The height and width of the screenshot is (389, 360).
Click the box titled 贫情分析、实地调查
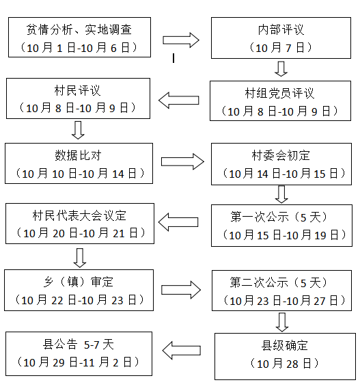pyautogui.click(x=79, y=38)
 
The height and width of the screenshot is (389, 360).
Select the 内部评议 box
pyautogui.click(x=281, y=38)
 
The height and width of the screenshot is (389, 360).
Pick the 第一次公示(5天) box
pyautogui.click(x=281, y=226)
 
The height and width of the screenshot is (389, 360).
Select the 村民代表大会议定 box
pyautogui.click(x=79, y=224)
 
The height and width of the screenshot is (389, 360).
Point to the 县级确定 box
pyautogui.click(x=285, y=355)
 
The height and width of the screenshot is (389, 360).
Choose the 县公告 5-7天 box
pyautogui.click(x=79, y=353)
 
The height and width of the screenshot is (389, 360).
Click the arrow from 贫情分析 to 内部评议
pyautogui.click(x=181, y=39)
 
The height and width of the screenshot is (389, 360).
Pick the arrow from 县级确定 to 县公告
pyautogui.click(x=182, y=351)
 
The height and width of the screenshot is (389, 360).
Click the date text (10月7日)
pyautogui.click(x=281, y=47)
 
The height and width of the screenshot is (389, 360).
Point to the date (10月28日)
pyautogui.click(x=285, y=363)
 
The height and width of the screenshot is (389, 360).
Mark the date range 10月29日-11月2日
pyautogui.click(x=79, y=362)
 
